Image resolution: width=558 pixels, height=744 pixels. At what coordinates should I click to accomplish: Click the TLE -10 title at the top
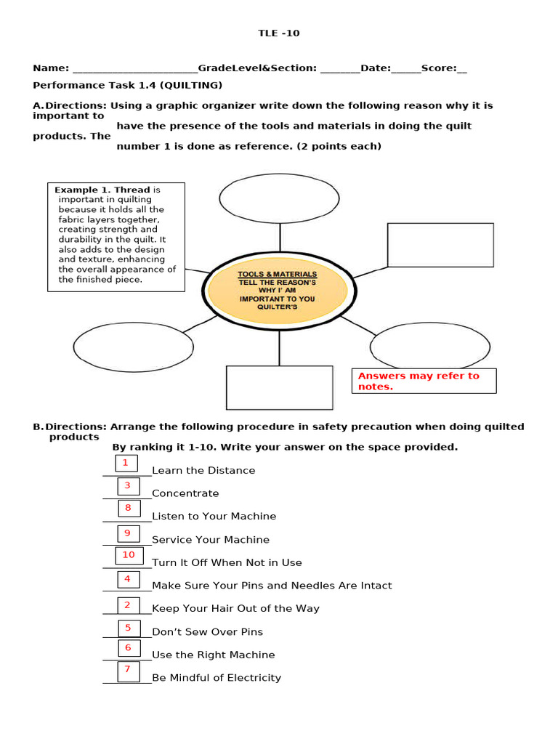[x=279, y=33]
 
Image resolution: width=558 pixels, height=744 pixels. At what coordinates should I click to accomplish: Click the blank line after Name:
[x=134, y=69]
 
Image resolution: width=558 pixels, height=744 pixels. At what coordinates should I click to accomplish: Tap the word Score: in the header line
[x=439, y=68]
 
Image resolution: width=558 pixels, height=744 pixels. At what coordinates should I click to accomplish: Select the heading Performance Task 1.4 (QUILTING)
[x=128, y=85]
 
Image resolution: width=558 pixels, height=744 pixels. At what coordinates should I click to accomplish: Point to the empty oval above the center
[x=279, y=198]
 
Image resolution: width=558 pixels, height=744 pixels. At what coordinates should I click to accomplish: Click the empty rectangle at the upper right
[x=440, y=245]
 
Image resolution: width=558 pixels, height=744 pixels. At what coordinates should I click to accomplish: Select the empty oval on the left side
[x=134, y=347]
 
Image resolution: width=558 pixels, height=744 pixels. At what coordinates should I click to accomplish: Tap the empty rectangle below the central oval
[x=279, y=387]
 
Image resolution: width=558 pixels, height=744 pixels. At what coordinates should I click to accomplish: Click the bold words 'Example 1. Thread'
[x=102, y=190]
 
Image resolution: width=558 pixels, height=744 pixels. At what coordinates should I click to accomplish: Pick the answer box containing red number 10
[x=129, y=556]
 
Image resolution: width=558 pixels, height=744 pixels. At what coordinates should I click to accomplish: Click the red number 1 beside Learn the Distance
[x=126, y=463]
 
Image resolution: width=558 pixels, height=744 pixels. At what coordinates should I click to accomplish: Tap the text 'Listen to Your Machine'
[x=214, y=517]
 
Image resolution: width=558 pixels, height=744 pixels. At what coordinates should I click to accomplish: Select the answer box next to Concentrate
[x=129, y=486]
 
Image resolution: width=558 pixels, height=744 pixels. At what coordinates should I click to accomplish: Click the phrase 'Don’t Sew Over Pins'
[x=207, y=632]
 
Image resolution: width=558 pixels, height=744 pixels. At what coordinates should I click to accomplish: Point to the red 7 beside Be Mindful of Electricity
[x=128, y=669]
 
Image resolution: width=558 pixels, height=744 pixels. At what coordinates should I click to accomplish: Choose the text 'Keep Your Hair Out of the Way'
[x=235, y=609]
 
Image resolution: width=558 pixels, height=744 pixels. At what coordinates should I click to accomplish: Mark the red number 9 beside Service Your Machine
[x=128, y=533]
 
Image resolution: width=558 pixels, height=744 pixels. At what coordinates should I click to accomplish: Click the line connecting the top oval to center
[x=280, y=238]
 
